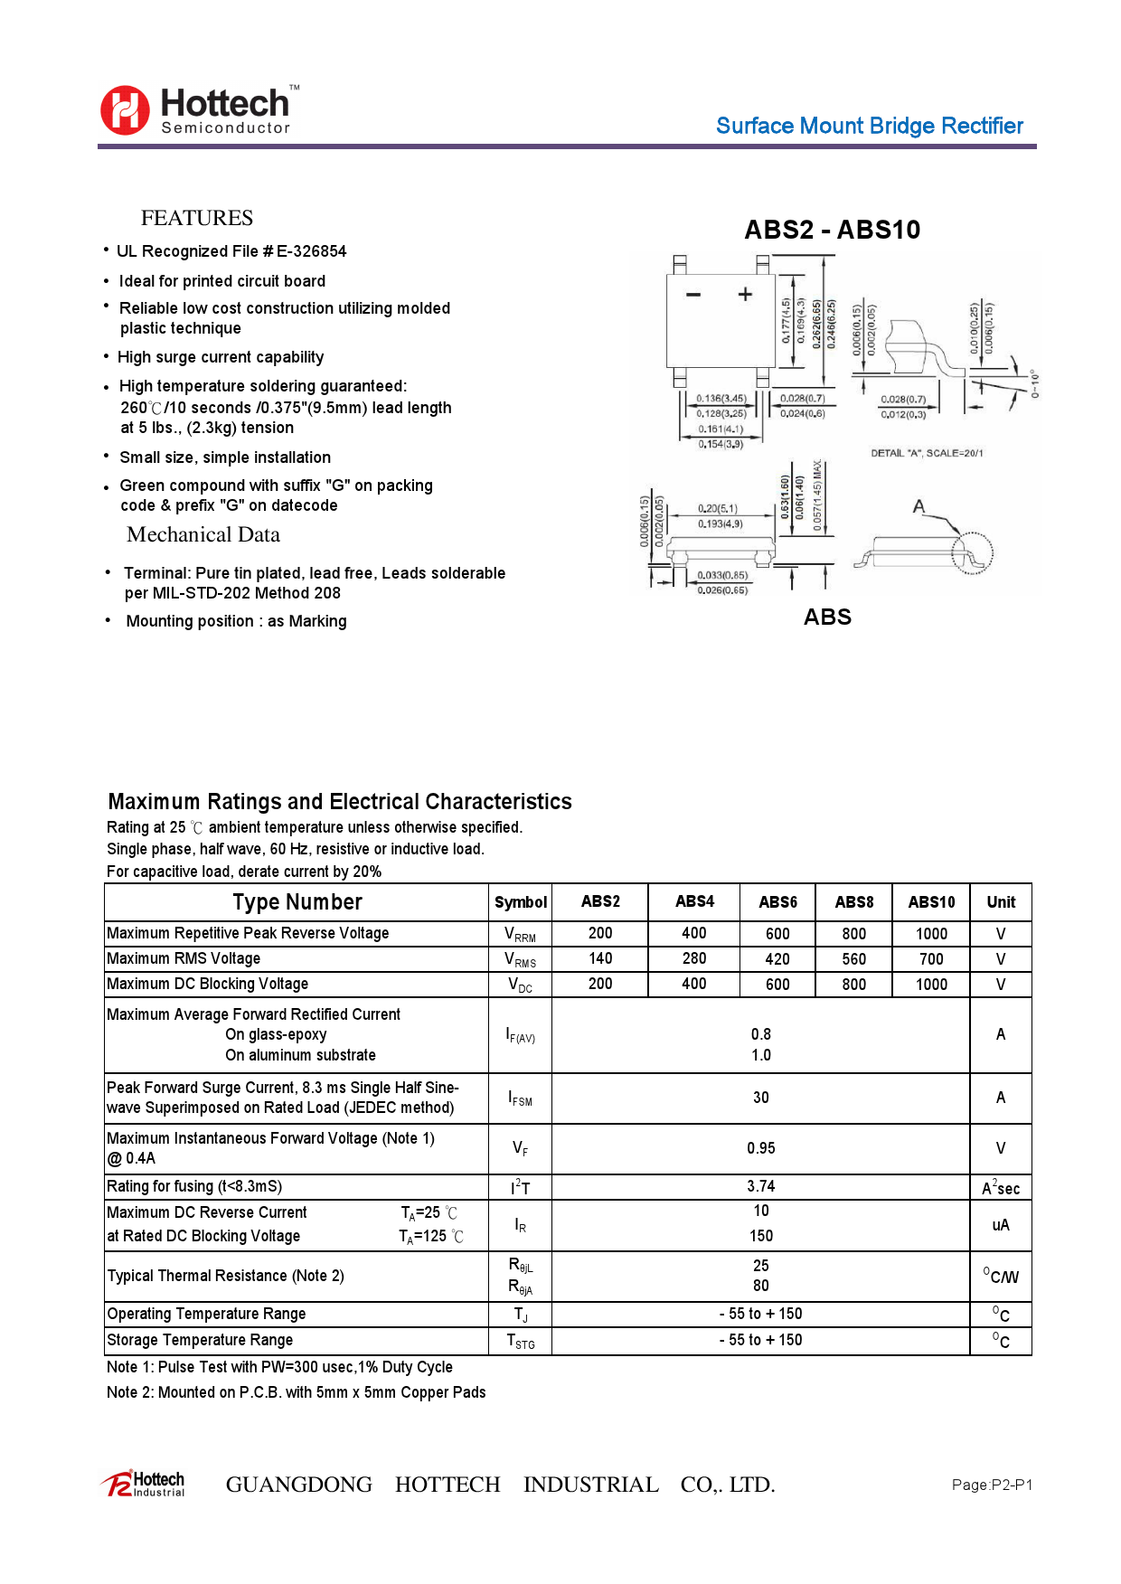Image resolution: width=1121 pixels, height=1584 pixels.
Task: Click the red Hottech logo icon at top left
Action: tap(125, 110)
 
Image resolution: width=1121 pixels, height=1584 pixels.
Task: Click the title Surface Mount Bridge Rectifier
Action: tap(869, 126)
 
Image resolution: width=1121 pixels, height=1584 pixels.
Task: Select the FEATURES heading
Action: tap(196, 218)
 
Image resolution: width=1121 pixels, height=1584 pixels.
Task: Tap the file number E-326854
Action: tap(311, 251)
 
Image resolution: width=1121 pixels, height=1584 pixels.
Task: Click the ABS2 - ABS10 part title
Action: tap(832, 230)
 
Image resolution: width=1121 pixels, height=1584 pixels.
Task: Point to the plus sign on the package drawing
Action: tap(745, 294)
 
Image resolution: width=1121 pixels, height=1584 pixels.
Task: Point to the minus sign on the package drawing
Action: tap(693, 295)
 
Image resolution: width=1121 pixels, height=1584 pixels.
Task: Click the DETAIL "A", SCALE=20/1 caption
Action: tap(927, 453)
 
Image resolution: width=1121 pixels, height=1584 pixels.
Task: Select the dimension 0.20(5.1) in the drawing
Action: tap(717, 508)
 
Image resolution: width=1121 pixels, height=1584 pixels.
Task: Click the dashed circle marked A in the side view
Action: tap(972, 552)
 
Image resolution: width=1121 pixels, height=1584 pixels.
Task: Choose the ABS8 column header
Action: tap(853, 902)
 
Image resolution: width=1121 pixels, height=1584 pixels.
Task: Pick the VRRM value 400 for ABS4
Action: tap(693, 933)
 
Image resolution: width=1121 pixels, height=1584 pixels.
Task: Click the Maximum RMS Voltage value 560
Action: tap(853, 959)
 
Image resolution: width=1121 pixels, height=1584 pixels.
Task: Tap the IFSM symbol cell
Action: tap(520, 1098)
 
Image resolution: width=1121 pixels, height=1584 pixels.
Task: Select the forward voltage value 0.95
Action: tap(760, 1148)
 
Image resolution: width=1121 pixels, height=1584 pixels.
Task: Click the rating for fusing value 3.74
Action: tap(760, 1186)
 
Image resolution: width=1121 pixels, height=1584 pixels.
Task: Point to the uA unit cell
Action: tap(1000, 1225)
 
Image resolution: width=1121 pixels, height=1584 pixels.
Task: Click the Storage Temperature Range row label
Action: tap(200, 1340)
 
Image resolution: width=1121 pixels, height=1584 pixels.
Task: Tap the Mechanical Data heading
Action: tap(203, 534)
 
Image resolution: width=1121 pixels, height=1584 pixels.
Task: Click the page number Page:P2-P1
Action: tap(991, 1485)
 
